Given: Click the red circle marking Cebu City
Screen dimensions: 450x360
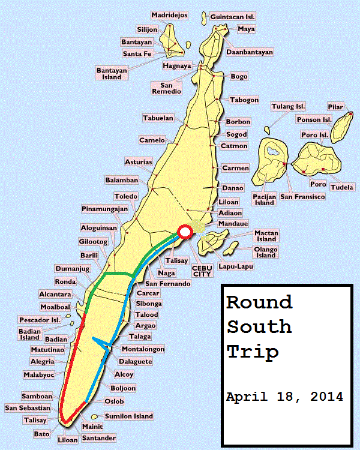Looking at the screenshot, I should pyautogui.click(x=185, y=232).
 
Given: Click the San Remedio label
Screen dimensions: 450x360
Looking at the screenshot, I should pyautogui.click(x=170, y=87).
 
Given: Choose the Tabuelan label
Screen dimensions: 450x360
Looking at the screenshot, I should pyautogui.click(x=158, y=118).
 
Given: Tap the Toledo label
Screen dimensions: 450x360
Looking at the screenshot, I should pyautogui.click(x=126, y=196).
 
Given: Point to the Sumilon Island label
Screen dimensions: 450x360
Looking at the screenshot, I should pyautogui.click(x=129, y=416).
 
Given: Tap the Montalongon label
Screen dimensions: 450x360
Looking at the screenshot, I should pyautogui.click(x=143, y=349).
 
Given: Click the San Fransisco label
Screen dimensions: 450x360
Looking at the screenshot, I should pyautogui.click(x=302, y=197).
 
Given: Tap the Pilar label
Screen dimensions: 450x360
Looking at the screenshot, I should pyautogui.click(x=335, y=107).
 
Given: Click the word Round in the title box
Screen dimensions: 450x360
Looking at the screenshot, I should pyautogui.click(x=259, y=302).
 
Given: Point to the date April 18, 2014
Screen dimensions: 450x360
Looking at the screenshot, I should pyautogui.click(x=284, y=397).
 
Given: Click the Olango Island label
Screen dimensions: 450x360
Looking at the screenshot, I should pyautogui.click(x=266, y=252).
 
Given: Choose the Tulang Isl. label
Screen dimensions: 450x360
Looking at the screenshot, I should pyautogui.click(x=288, y=107).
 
